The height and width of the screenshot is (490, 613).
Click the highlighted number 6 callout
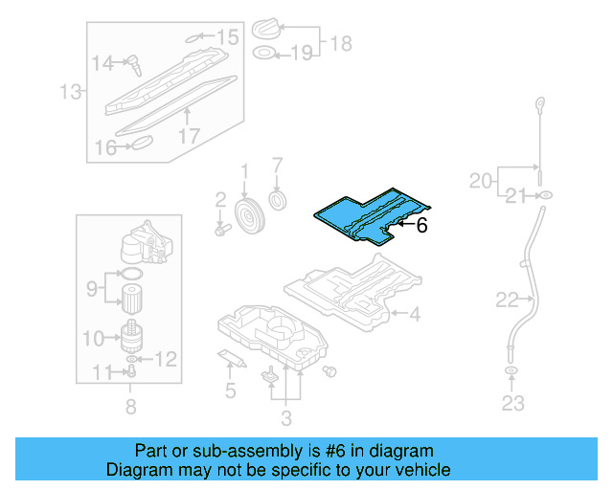tap(421, 226)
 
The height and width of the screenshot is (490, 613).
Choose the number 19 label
tap(301, 54)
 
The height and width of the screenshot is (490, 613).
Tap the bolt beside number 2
tap(221, 230)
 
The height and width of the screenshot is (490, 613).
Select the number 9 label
tap(93, 287)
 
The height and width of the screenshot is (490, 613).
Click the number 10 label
tap(93, 337)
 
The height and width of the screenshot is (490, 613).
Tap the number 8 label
tap(130, 407)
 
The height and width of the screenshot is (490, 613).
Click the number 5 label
tap(229, 390)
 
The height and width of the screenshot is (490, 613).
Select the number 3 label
tap(284, 417)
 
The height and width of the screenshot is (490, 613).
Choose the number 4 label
tap(414, 313)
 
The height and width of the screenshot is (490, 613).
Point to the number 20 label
tap(480, 179)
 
